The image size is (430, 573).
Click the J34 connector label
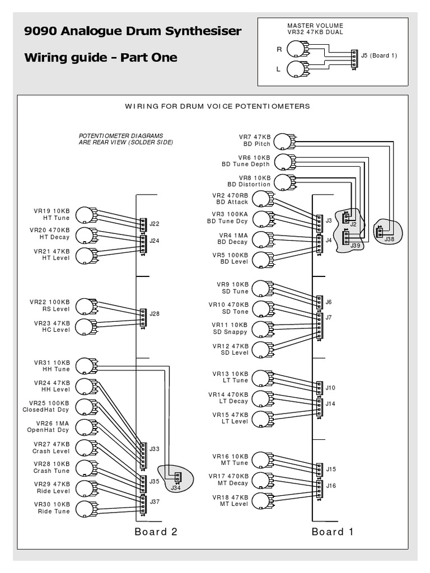pyautogui.click(x=175, y=489)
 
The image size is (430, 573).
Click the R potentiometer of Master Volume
pyautogui.click(x=295, y=50)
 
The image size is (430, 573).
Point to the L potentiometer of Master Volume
pyautogui.click(x=295, y=69)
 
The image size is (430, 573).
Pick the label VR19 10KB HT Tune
pyautogui.click(x=52, y=215)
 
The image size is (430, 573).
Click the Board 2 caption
pyautogui.click(x=156, y=532)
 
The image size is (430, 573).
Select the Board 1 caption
pyautogui.click(x=333, y=532)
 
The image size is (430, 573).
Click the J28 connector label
pyautogui.click(x=154, y=313)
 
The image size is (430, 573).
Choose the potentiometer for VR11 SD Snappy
pyautogui.click(x=260, y=328)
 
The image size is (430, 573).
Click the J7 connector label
pyautogui.click(x=329, y=317)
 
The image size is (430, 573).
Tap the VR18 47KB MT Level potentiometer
pyautogui.click(x=260, y=500)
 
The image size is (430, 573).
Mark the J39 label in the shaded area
pyautogui.click(x=355, y=245)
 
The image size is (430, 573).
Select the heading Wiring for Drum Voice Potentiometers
pyautogui.click(x=217, y=106)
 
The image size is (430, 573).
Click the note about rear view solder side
pyautogui.click(x=125, y=139)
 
